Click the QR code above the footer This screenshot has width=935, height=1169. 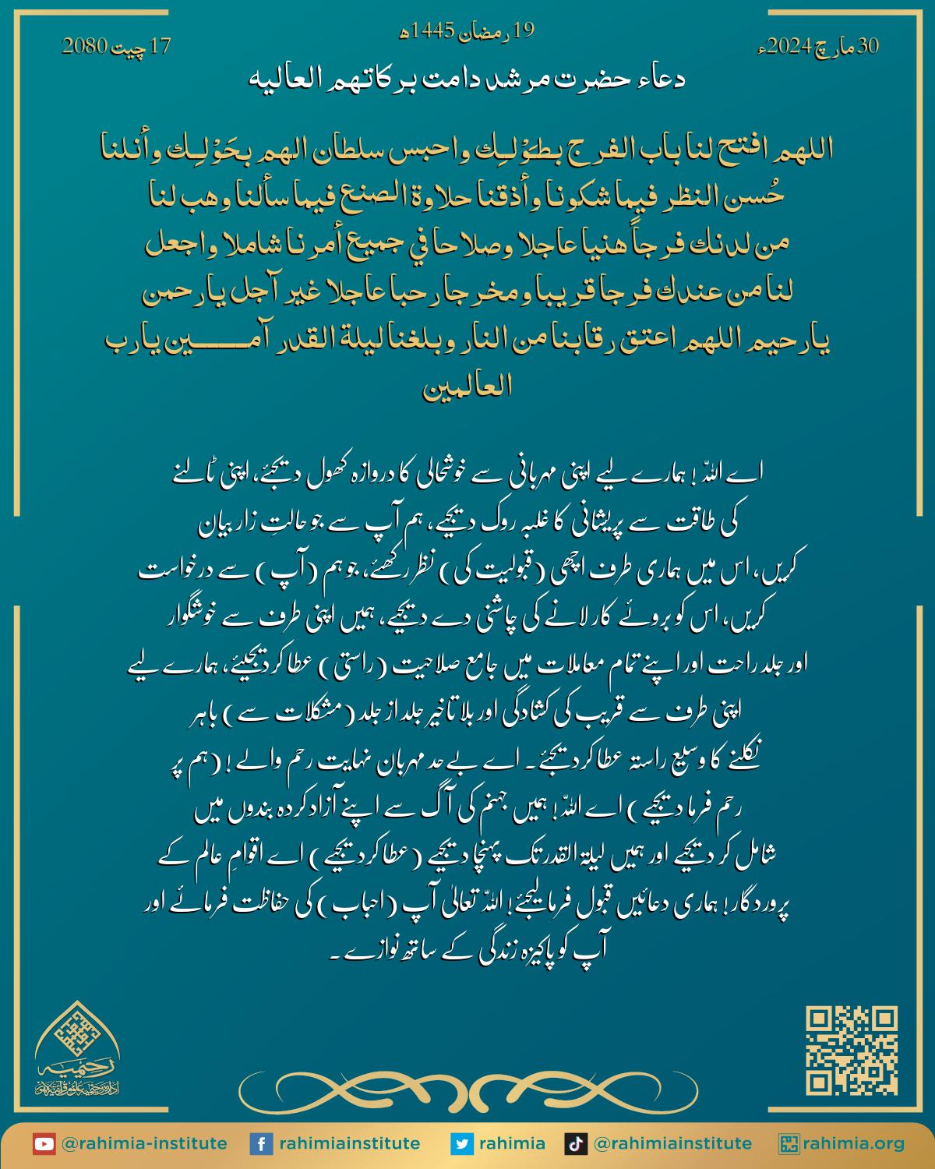click(852, 1051)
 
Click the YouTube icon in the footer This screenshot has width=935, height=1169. click(44, 1144)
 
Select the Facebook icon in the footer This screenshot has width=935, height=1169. click(260, 1144)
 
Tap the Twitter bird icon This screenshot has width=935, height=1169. click(462, 1144)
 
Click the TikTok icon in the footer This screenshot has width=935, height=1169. click(575, 1144)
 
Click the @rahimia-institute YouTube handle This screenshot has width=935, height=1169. click(144, 1144)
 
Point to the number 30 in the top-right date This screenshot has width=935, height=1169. click(867, 47)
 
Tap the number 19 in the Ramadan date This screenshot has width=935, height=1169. click(524, 32)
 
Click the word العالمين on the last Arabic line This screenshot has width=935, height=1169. click(467, 389)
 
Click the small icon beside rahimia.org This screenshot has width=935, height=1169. click(789, 1144)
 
